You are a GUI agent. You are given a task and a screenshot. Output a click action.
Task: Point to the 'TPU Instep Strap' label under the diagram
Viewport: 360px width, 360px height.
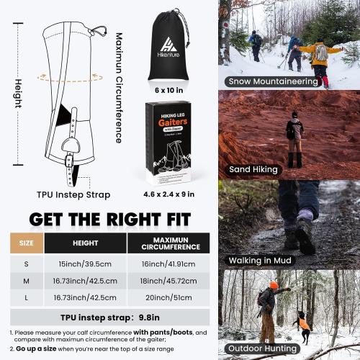click(x=64, y=194)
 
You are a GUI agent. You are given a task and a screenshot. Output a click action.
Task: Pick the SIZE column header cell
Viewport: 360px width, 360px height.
click(x=26, y=243)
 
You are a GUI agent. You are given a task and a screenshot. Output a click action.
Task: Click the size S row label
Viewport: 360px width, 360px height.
click(x=26, y=263)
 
